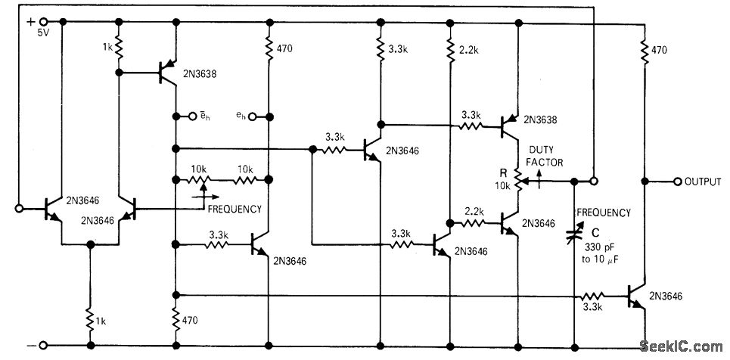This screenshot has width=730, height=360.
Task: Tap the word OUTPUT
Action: [x=703, y=182]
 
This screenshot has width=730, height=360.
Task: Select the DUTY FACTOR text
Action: [x=545, y=156]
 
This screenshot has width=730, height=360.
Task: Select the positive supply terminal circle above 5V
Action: [x=43, y=22]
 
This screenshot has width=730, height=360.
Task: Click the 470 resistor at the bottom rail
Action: [x=175, y=320]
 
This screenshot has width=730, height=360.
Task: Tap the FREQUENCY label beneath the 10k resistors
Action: [x=235, y=209]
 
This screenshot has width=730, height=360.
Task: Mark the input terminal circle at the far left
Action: [x=20, y=206]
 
